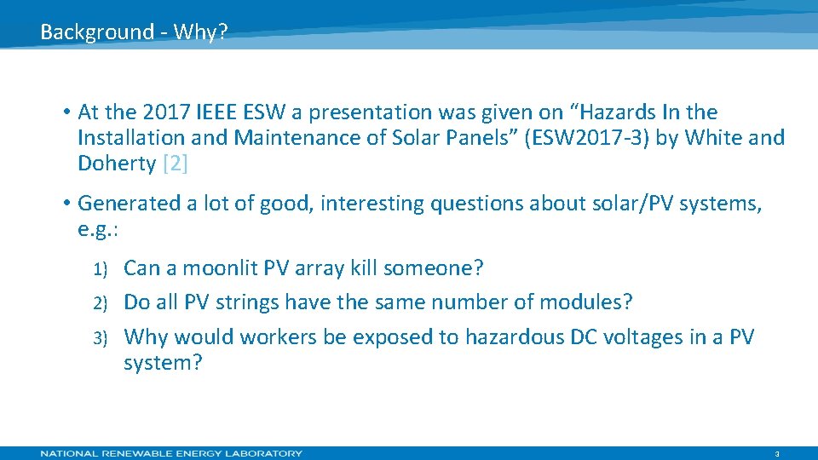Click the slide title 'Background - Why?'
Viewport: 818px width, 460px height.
tap(134, 32)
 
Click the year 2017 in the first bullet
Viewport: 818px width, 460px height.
tap(167, 112)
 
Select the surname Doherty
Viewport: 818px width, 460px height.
tap(116, 164)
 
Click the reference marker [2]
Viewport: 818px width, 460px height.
tap(174, 164)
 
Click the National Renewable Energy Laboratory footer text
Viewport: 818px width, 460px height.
tap(171, 453)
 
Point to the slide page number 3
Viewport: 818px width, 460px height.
tap(777, 454)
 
